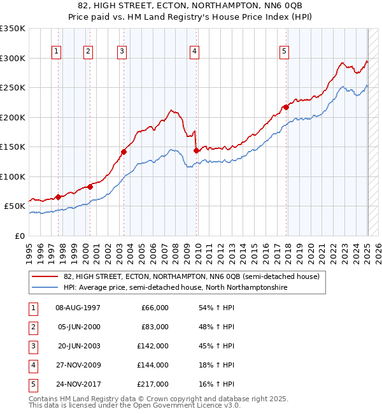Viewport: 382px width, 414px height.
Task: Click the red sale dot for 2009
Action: coord(197,151)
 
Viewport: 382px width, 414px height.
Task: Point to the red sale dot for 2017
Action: coord(286,107)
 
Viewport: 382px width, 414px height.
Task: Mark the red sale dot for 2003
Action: coord(124,152)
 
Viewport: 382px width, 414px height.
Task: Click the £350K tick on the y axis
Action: coord(13,29)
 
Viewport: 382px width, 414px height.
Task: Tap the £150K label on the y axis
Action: coord(13,146)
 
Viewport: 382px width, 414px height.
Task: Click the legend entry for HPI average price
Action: coord(175,287)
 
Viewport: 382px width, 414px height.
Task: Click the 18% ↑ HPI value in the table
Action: coord(216,365)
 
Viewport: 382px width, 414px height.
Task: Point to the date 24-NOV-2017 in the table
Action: coord(78,384)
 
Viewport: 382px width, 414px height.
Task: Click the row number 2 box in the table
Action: coord(32,327)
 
